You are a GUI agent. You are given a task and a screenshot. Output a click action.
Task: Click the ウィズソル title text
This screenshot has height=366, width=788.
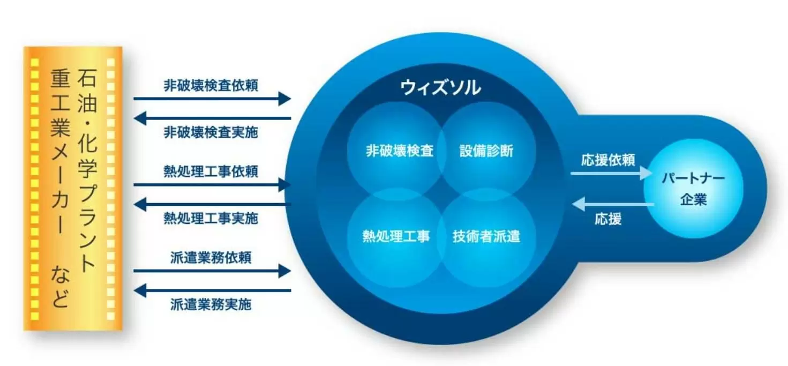pos(440,87)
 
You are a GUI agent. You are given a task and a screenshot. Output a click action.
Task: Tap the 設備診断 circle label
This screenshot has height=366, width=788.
pos(486,151)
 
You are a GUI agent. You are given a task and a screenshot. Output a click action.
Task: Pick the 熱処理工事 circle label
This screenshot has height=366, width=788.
pos(396,236)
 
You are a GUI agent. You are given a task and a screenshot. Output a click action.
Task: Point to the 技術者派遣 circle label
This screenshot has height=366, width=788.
pos(486,236)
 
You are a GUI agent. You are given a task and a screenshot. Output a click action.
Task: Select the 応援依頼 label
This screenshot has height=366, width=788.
pos(608,160)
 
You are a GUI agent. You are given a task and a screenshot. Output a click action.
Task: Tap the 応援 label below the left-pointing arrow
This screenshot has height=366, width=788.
pos(608,219)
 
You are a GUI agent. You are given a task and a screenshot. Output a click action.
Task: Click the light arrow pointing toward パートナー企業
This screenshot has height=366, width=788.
pos(611,174)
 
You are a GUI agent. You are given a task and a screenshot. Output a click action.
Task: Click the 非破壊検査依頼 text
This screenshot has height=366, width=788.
pos(211,86)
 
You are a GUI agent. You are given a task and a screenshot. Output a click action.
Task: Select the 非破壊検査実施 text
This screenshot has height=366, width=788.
pos(211,132)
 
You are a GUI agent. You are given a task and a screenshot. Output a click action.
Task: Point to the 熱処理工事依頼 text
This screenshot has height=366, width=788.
pos(211,171)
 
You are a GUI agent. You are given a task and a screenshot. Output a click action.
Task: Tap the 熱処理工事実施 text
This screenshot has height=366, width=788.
pos(211,218)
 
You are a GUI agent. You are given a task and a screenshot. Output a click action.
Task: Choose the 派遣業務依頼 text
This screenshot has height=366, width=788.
pos(211,257)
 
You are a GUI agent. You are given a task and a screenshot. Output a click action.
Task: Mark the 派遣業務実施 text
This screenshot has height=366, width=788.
pos(211,304)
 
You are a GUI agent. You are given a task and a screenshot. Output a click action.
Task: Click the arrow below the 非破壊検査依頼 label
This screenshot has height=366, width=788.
pos(212,99)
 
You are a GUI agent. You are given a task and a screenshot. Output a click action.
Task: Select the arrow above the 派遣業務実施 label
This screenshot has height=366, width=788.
pos(212,291)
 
